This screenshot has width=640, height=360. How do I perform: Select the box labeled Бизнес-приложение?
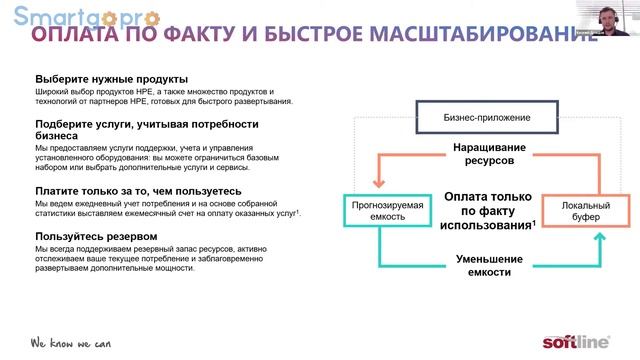(x=487, y=118)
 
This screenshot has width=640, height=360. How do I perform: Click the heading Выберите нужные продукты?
(x=111, y=78)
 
